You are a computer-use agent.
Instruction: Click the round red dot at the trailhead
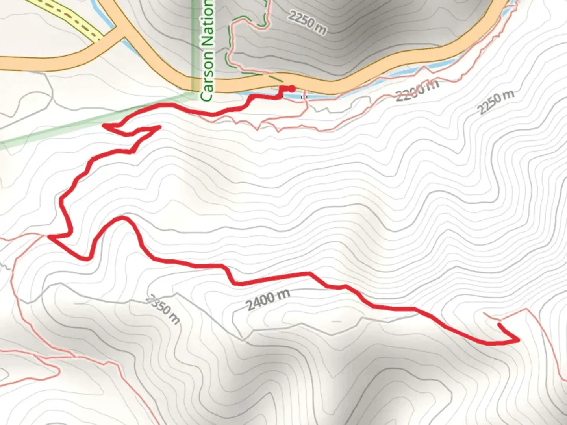(x=291, y=89)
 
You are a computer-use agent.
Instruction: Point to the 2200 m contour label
(x=417, y=90)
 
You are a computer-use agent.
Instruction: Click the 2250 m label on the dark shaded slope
(x=307, y=22)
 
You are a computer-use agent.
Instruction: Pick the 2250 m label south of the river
(x=496, y=102)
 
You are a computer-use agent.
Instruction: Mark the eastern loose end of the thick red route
(x=499, y=324)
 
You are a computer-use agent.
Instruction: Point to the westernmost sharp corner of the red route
(x=49, y=237)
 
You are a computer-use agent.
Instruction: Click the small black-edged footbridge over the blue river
(x=304, y=96)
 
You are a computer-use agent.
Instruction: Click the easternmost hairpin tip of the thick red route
(x=518, y=340)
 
